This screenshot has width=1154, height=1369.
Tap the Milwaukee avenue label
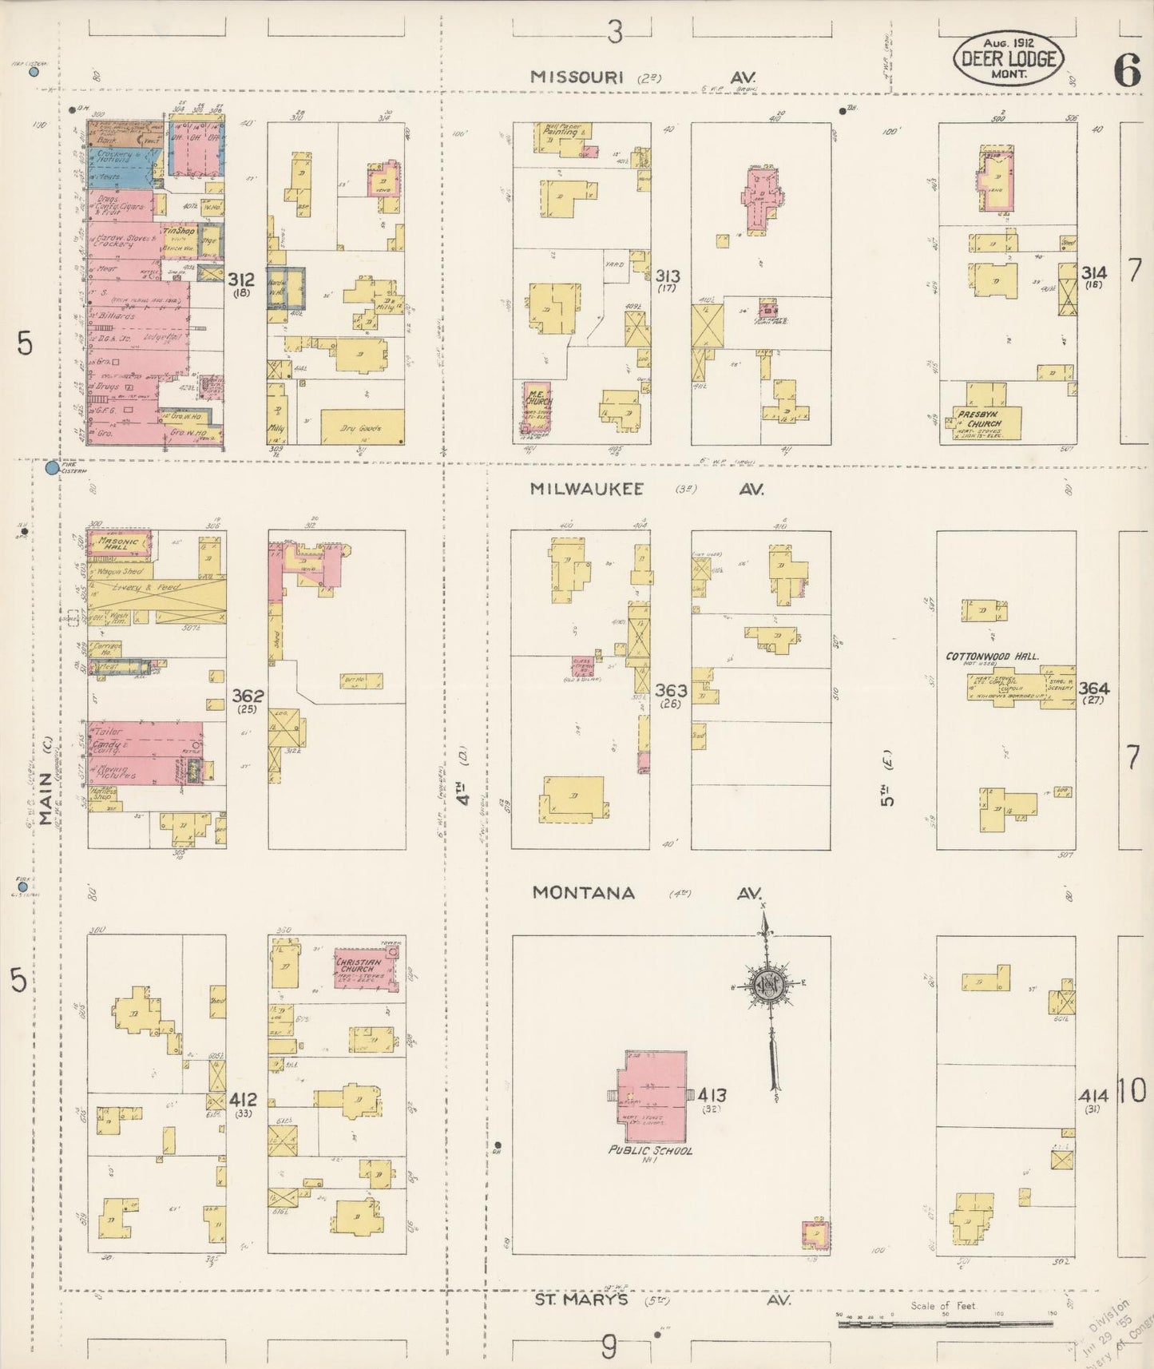[x=587, y=490]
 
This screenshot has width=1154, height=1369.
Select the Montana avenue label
[x=585, y=892]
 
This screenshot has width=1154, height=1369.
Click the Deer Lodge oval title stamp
[x=1009, y=59]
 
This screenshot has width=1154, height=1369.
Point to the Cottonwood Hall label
[x=992, y=656]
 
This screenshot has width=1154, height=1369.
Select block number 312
[x=240, y=280]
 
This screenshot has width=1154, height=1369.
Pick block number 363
[x=670, y=688]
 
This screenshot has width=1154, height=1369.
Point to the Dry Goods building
[x=362, y=427]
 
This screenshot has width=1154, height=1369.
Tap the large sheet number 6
[x=1127, y=72]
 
